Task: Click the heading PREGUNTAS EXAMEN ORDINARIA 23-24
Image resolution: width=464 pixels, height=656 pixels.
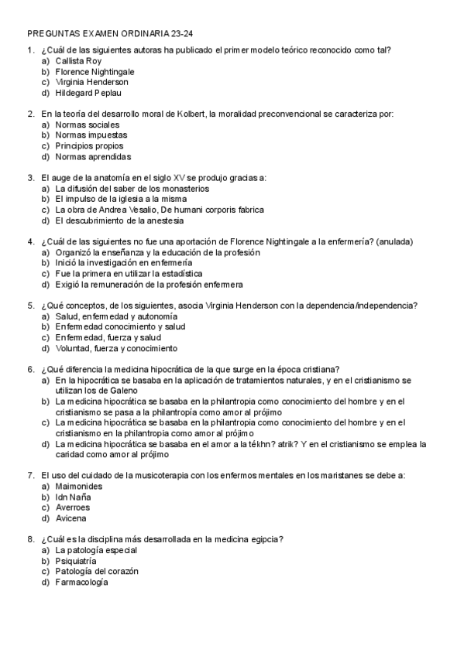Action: point(110,34)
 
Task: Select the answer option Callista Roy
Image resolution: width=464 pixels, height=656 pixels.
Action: point(78,60)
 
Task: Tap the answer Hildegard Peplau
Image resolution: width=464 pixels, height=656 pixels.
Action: point(88,93)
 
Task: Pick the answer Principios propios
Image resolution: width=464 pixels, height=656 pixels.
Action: point(89,146)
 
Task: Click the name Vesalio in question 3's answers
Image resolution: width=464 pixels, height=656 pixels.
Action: point(144,210)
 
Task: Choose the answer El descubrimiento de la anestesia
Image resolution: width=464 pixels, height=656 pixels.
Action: point(124,220)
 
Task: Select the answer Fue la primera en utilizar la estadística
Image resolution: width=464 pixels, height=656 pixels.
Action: point(129,274)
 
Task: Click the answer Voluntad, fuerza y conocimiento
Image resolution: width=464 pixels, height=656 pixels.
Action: point(115,348)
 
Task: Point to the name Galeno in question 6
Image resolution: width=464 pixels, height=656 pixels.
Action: point(111,391)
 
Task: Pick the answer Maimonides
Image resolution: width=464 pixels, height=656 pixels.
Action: point(79,486)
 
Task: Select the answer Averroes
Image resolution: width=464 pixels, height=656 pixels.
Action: point(72,507)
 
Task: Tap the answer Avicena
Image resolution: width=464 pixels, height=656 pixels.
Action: point(70,518)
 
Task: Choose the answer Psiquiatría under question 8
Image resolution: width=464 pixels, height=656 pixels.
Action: point(76,561)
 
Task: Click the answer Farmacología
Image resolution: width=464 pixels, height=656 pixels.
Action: point(81,582)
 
